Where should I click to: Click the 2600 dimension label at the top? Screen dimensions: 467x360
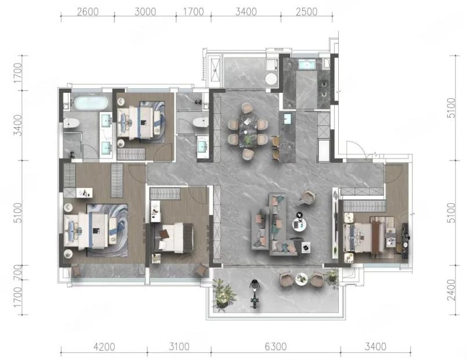(x=88, y=12)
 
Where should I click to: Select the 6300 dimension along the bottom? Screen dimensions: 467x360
(x=276, y=347)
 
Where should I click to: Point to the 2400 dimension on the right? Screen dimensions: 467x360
(x=451, y=290)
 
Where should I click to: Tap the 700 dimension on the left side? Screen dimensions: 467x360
(x=18, y=272)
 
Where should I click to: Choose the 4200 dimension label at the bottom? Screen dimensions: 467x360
(x=104, y=347)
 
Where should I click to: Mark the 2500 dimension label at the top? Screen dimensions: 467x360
(x=307, y=12)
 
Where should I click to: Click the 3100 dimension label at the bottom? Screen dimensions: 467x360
(x=179, y=347)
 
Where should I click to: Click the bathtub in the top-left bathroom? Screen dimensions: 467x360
(x=90, y=103)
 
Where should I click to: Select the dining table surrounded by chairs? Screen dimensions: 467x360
(x=248, y=131)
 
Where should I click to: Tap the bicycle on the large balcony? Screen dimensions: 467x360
(x=254, y=294)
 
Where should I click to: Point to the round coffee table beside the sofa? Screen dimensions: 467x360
(x=299, y=224)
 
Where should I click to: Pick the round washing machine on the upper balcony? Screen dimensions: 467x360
(x=271, y=79)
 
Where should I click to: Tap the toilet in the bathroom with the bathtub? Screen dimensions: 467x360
(x=71, y=123)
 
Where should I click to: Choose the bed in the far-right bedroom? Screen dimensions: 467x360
(x=370, y=235)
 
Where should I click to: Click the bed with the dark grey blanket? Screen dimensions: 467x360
(x=173, y=237)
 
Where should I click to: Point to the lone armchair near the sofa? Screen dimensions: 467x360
(x=307, y=197)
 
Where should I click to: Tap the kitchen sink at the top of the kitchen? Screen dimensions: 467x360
(x=307, y=64)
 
